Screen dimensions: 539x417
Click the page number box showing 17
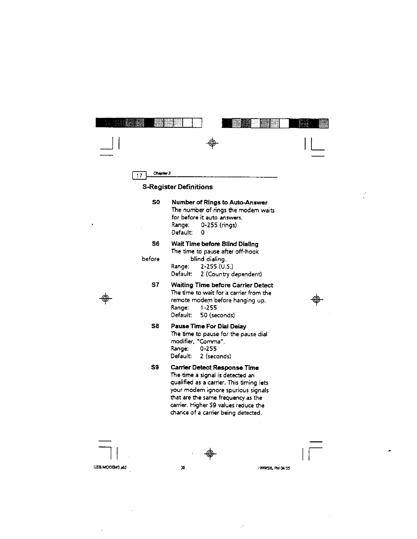coord(139,175)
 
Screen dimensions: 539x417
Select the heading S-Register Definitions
coord(177,187)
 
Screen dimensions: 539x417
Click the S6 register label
coord(155,244)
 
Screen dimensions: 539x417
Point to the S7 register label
coord(155,285)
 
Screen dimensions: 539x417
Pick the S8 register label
coord(155,326)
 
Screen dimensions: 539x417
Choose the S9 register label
coord(155,367)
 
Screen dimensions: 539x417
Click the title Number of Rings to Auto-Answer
coord(219,203)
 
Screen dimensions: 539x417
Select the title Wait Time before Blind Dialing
coord(215,244)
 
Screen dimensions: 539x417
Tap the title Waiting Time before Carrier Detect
coord(222,285)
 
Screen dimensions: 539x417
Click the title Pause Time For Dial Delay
coord(208,326)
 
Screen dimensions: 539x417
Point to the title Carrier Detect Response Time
coord(215,367)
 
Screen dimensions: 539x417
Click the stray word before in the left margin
coord(151,259)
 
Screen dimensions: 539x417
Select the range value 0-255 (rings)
coord(219,225)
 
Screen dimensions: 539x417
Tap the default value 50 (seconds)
coord(217,315)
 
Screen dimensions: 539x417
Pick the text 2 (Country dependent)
coord(231,274)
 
